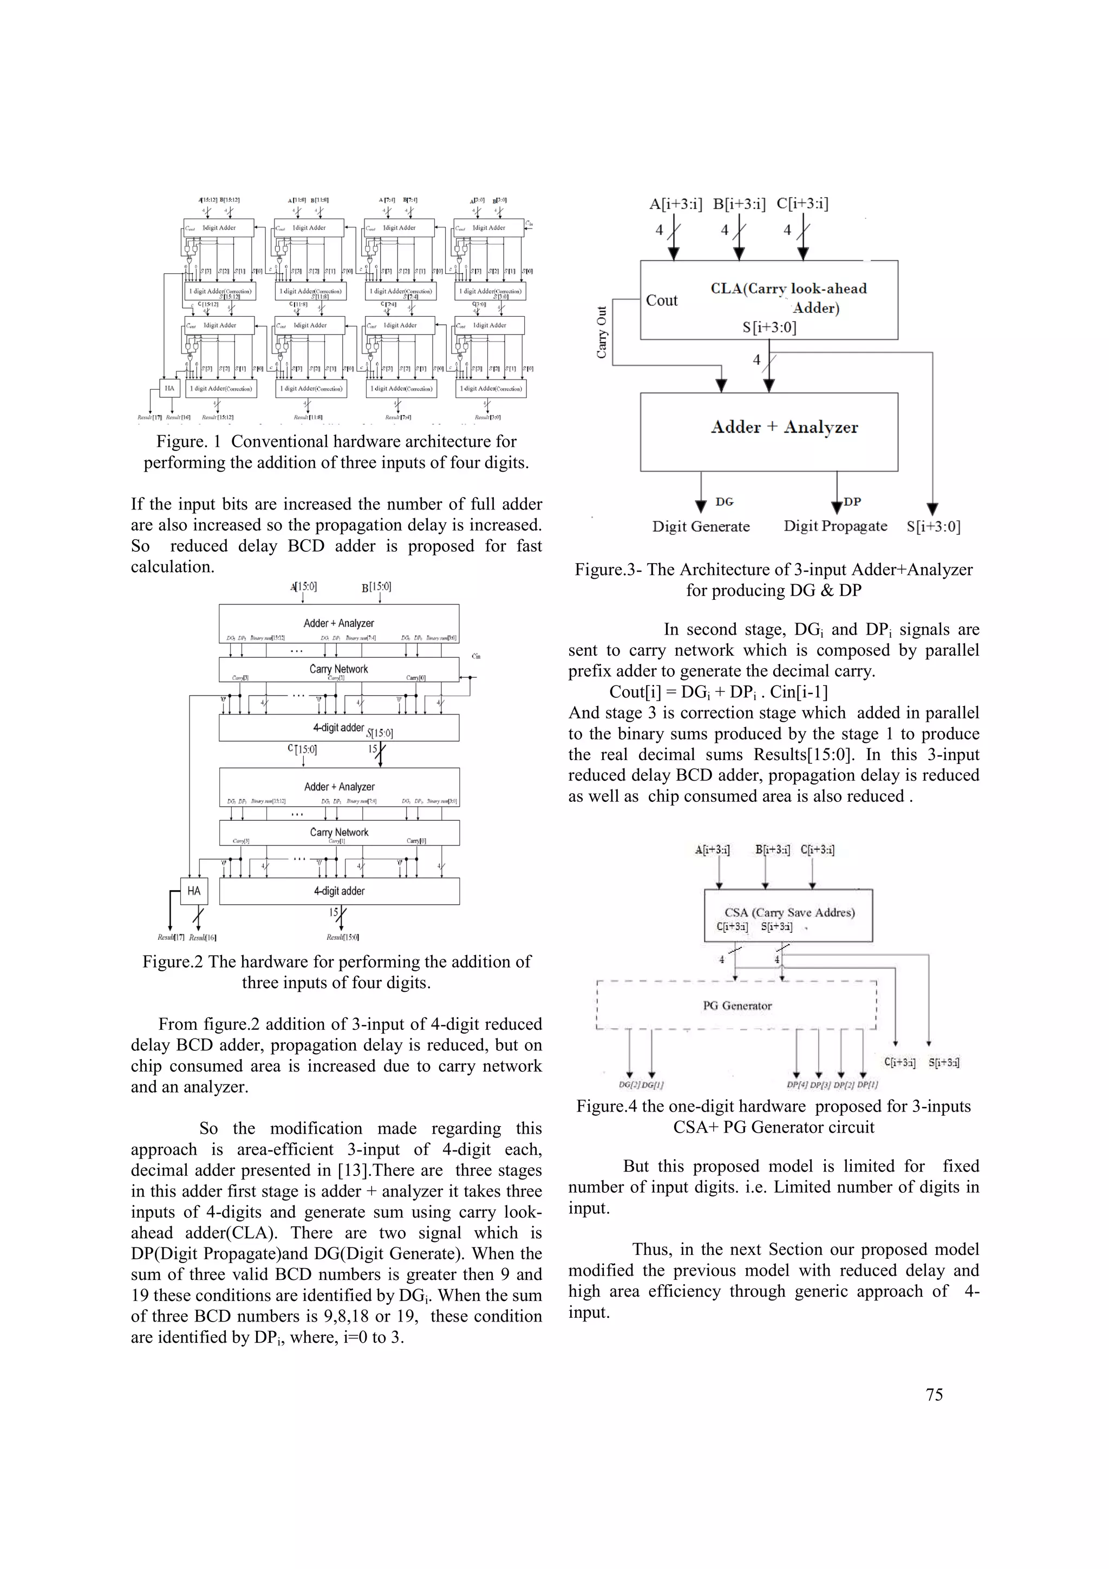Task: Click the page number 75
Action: click(x=934, y=1395)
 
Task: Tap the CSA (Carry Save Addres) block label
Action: click(x=789, y=912)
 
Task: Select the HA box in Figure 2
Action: click(x=194, y=891)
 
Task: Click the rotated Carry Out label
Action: click(x=601, y=332)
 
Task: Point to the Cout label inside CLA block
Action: click(x=661, y=300)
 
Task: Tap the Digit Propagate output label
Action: click(x=835, y=526)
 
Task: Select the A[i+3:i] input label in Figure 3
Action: click(x=675, y=204)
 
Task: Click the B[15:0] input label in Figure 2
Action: click(x=376, y=586)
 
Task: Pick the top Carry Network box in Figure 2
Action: click(x=339, y=669)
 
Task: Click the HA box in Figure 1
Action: click(x=169, y=388)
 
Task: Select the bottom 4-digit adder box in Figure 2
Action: click(x=339, y=891)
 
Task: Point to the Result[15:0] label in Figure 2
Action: click(x=342, y=938)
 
